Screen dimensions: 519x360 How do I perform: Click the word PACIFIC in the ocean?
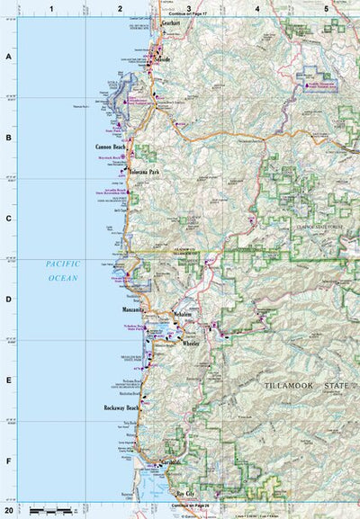tap(64, 264)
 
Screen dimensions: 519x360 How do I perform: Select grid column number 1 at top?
tap(52, 8)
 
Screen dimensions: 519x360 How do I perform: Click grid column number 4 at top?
tap(257, 8)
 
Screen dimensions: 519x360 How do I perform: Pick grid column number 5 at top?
tap(326, 8)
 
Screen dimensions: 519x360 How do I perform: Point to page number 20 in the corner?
tap(9, 510)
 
